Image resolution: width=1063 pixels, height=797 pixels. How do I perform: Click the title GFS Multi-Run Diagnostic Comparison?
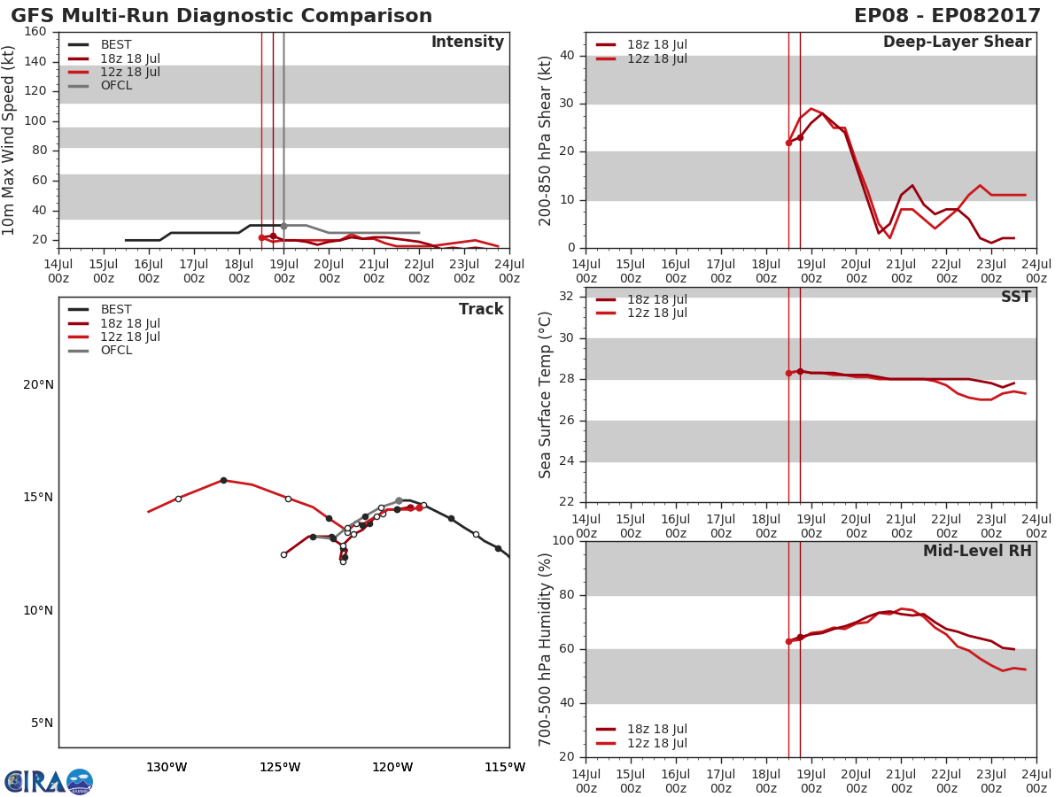coord(221,16)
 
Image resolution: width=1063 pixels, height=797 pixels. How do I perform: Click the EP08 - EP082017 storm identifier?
coord(947,16)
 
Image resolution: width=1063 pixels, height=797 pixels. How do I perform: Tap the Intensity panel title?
coord(467,43)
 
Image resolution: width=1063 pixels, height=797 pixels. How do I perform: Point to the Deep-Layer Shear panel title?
coord(957,43)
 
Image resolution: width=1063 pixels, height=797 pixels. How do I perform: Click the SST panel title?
coord(1015,298)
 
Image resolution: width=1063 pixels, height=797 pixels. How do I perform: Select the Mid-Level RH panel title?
coord(977,552)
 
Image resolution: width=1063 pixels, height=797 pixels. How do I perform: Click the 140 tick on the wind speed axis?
coord(35,61)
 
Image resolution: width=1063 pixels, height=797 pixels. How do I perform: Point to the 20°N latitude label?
coord(38,384)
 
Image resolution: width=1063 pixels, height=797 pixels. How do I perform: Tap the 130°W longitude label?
coord(167,767)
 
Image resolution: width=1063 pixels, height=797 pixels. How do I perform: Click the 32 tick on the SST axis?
coord(565,297)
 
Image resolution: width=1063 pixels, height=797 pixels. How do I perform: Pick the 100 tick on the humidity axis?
coord(562,541)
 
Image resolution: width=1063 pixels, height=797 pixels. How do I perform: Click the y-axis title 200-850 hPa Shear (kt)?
coord(546,140)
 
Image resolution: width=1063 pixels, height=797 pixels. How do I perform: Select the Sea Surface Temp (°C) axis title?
coord(546,395)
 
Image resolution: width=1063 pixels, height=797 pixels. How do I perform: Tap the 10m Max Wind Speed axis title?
coord(10,140)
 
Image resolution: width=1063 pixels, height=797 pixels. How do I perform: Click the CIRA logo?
coord(48,782)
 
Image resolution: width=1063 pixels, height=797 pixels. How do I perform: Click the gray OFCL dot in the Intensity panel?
coord(283,226)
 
